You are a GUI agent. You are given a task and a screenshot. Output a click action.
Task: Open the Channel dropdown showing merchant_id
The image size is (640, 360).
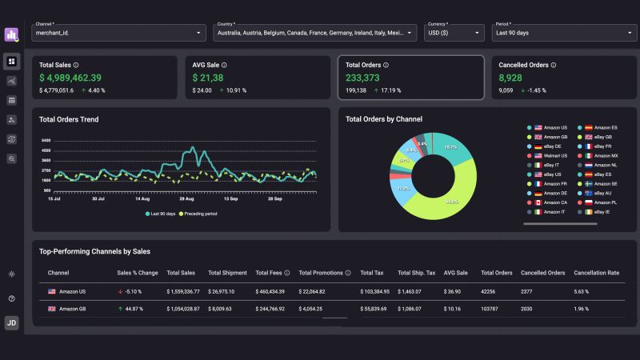click(x=118, y=32)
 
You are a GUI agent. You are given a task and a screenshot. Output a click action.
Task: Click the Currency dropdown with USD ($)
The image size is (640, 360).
click(x=454, y=32)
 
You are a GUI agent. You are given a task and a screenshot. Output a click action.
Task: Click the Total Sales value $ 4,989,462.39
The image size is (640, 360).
click(x=70, y=78)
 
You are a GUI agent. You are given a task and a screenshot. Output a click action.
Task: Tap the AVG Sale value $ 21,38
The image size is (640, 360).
click(x=208, y=78)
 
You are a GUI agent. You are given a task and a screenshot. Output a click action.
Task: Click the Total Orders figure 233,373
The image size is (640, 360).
click(x=362, y=78)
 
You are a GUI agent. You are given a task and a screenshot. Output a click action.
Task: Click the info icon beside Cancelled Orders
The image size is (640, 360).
click(x=554, y=65)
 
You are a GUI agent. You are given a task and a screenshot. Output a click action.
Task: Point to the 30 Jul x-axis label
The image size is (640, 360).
click(x=98, y=198)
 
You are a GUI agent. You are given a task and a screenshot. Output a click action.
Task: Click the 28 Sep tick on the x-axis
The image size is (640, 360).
click(x=275, y=198)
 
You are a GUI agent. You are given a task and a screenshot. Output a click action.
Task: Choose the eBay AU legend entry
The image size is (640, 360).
click(x=602, y=193)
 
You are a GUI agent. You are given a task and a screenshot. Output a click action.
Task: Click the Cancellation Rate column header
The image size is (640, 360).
click(x=597, y=273)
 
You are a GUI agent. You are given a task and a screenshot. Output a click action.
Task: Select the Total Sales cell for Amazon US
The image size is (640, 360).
click(x=183, y=291)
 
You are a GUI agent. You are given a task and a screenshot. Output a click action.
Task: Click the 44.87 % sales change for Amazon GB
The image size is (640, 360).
click(x=133, y=308)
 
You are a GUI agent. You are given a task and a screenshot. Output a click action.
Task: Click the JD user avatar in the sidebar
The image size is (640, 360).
click(x=12, y=322)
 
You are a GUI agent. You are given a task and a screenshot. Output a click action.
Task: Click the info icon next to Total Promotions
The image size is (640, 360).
click(x=348, y=273)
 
